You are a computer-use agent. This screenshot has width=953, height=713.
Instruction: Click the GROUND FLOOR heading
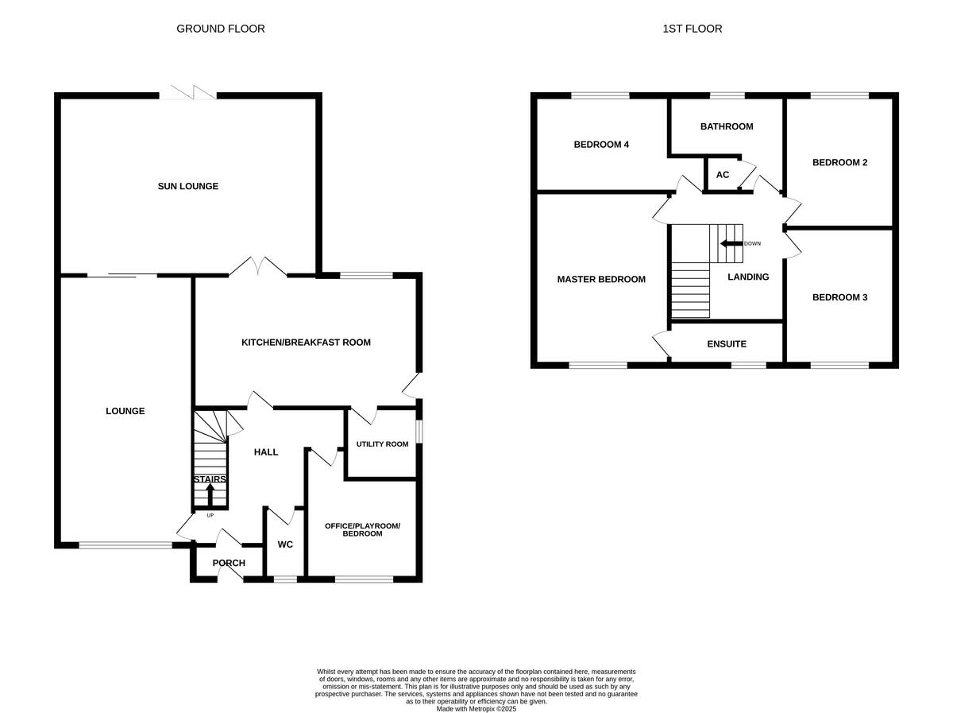[x=220, y=29]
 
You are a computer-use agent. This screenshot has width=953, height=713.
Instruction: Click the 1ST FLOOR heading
[x=692, y=29]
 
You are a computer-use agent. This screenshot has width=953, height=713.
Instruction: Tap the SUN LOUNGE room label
[x=187, y=186]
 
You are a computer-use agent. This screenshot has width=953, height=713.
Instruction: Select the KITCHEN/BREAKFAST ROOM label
[x=306, y=343]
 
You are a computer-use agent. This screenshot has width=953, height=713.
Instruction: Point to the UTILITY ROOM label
[x=382, y=444]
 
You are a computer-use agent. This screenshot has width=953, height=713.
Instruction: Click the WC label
[x=285, y=544]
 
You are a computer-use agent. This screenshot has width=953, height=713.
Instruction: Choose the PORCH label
[x=229, y=563]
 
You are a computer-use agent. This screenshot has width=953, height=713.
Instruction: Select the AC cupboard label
[x=723, y=175]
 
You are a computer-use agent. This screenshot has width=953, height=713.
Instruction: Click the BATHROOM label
[x=726, y=126]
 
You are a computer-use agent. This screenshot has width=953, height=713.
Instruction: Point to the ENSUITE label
[x=727, y=344]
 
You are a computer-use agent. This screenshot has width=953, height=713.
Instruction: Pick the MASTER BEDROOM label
[x=601, y=279]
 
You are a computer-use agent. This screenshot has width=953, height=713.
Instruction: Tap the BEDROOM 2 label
[x=839, y=162]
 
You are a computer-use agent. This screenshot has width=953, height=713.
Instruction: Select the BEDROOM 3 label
[x=839, y=297]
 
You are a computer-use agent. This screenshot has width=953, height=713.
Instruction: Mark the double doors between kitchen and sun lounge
[x=258, y=267]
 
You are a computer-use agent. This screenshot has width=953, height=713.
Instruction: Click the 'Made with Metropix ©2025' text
[x=476, y=708]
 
